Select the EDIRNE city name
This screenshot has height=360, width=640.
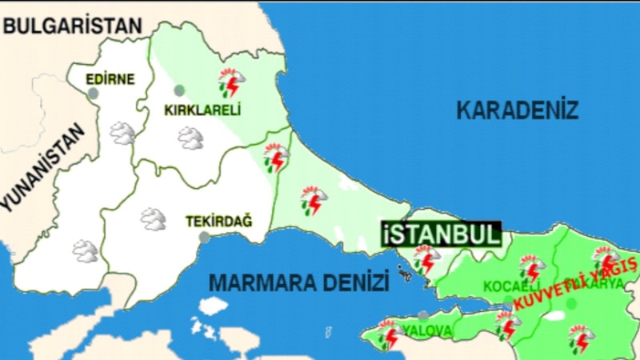coord(110,79)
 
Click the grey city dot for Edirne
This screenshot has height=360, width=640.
coord(94,94)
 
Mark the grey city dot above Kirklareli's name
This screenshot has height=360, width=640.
coord(179,90)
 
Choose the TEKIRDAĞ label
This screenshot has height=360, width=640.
coord(218,221)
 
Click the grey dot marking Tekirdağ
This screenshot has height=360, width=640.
coord(205,237)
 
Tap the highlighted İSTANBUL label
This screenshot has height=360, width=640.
coord(441,234)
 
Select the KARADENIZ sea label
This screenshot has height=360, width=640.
coord(517,110)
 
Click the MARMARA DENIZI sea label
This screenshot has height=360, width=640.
coord(298,282)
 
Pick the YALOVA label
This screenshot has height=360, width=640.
coord(428,330)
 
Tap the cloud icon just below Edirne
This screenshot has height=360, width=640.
coord(122,133)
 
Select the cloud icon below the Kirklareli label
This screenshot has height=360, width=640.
coord(190,138)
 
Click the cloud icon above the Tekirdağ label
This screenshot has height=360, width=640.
coord(152,218)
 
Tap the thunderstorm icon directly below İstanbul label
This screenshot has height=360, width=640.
coord(426,259)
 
